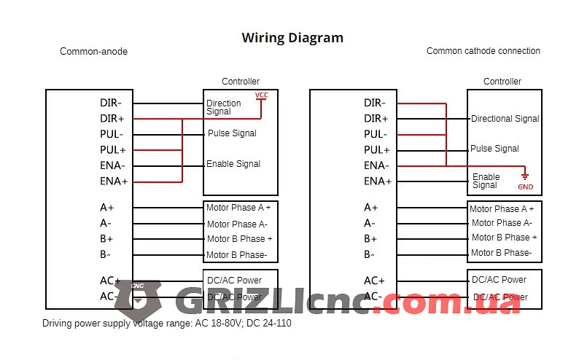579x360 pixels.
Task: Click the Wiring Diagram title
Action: [292, 38]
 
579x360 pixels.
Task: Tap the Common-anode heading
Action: [93, 51]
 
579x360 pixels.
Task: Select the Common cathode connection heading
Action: [483, 51]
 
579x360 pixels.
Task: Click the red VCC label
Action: [262, 95]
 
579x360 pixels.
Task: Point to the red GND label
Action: [526, 187]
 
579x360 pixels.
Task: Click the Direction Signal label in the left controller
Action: [223, 107]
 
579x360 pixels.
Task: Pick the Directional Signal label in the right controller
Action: [505, 119]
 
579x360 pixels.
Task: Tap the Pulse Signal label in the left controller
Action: [232, 133]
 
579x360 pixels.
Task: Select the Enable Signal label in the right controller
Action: [486, 181]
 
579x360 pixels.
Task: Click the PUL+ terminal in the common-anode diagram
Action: [112, 150]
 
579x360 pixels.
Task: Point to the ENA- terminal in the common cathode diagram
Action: [376, 165]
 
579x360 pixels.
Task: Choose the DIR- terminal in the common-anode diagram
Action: [111, 103]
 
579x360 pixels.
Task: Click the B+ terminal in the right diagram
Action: [370, 238]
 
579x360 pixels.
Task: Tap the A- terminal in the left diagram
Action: [105, 223]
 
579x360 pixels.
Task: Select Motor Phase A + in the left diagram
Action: [238, 208]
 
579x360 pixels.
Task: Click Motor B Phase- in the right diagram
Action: [501, 253]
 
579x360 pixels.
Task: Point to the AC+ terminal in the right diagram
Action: [374, 281]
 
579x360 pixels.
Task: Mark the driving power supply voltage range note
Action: [166, 323]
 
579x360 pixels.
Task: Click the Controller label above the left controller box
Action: [241, 82]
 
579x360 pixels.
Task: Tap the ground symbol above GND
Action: [525, 175]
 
